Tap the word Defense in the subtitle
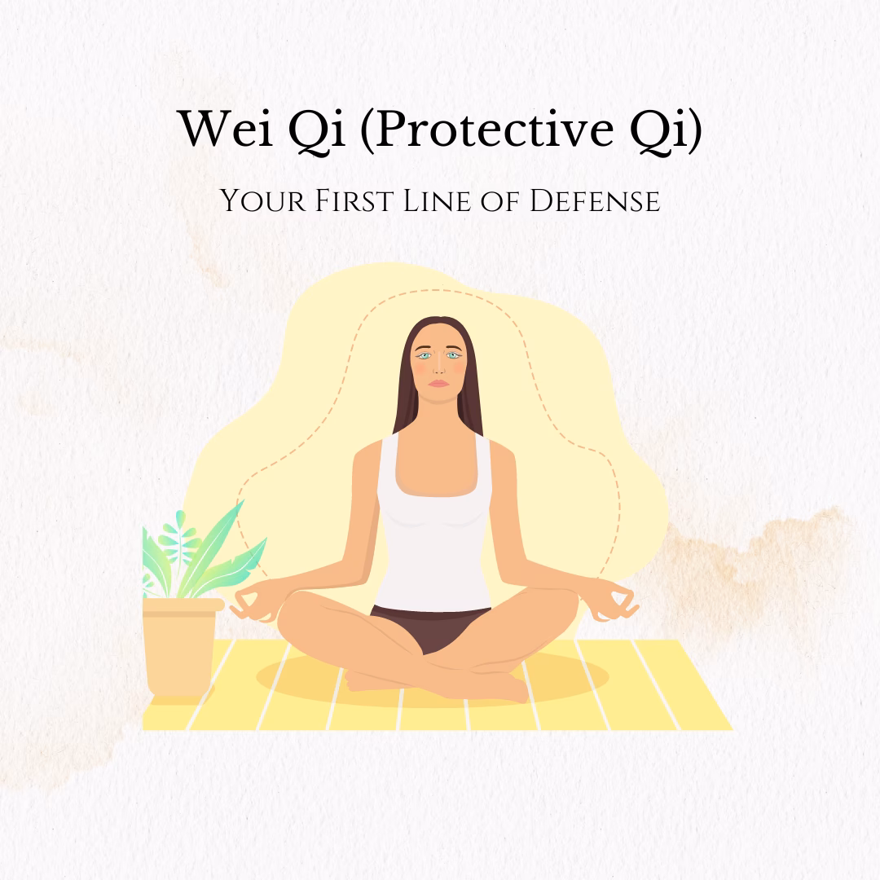coord(595,200)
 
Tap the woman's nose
coord(439,367)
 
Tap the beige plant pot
coord(181,648)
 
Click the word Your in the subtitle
coord(257,200)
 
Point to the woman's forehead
coord(439,336)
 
